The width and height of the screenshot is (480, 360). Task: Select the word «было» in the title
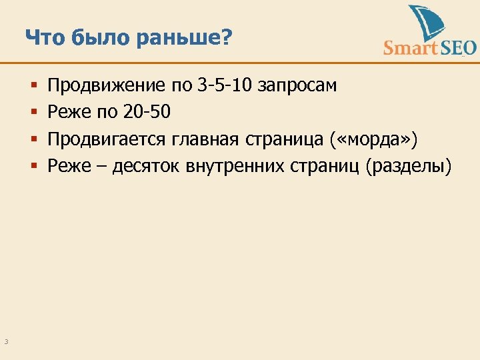[x=97, y=38]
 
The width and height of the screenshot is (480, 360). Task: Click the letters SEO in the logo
[x=458, y=47]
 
